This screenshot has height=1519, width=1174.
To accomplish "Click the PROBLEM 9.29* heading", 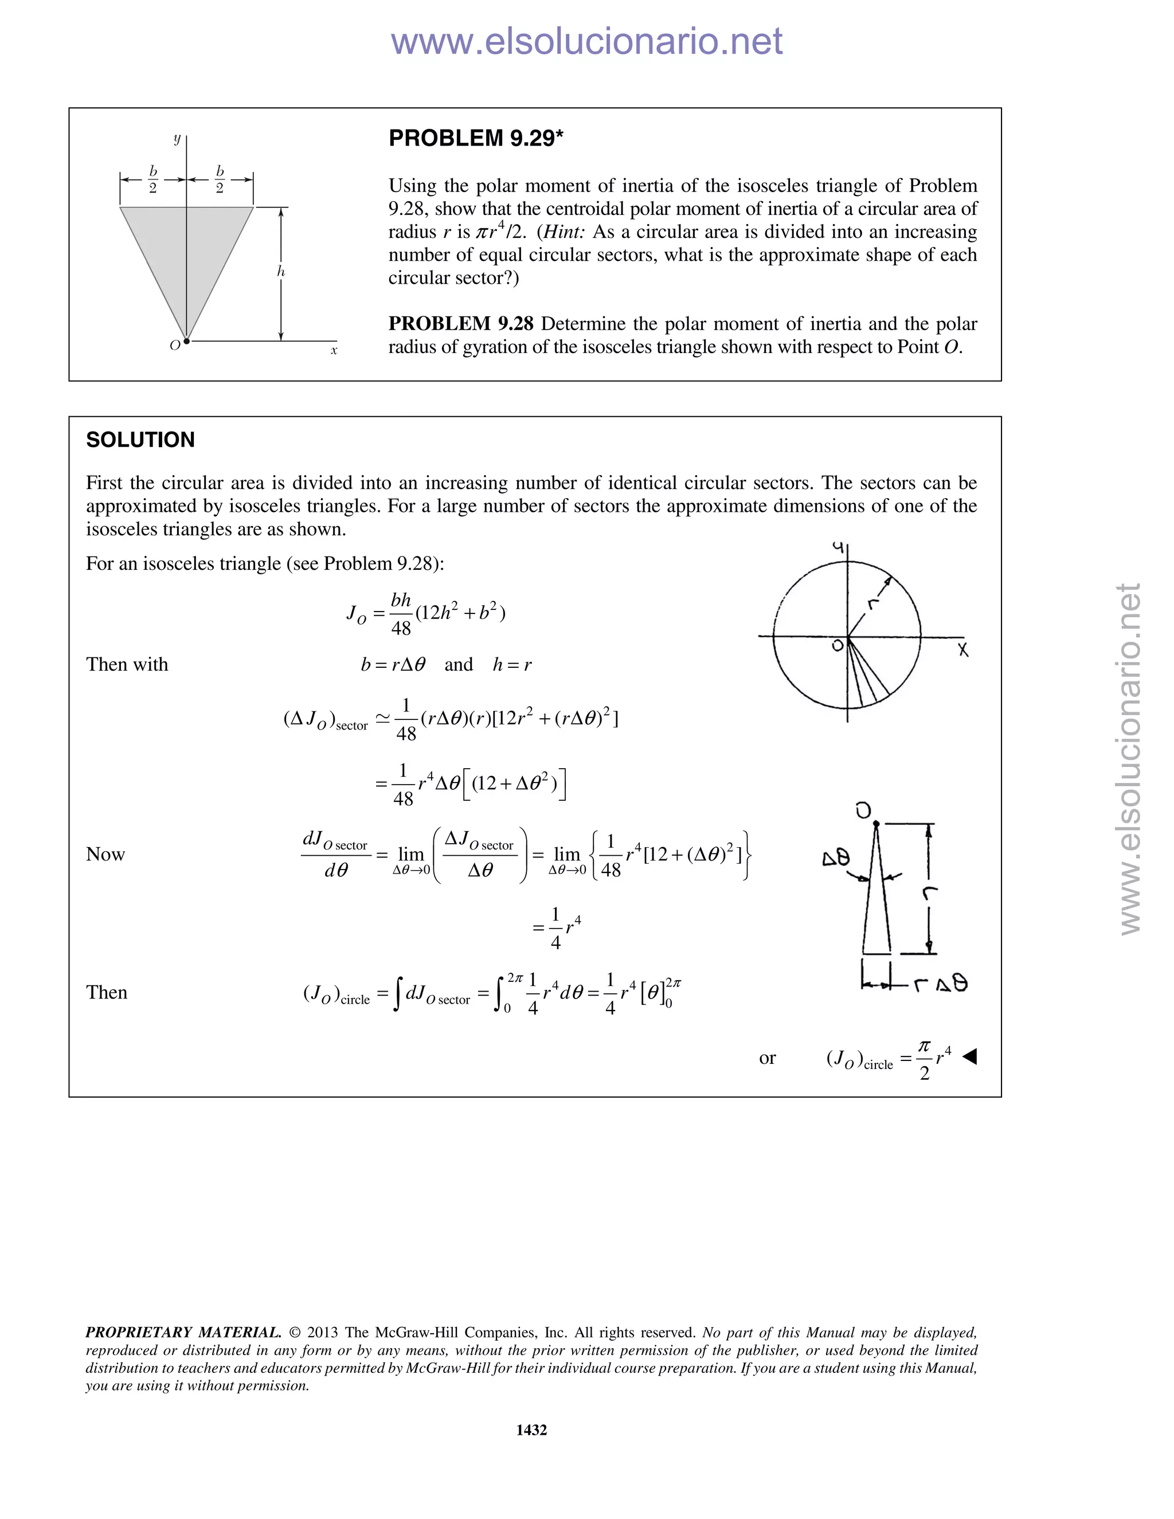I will click(x=476, y=138).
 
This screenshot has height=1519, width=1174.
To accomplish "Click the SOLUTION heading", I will click(x=140, y=440).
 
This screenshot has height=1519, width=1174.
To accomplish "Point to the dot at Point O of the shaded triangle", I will click(x=186, y=341).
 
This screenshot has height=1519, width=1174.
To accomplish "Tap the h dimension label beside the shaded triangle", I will click(x=281, y=272).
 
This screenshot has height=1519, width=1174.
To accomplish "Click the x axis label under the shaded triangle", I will click(x=334, y=351).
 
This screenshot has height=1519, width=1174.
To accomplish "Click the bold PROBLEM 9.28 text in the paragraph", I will click(x=460, y=323).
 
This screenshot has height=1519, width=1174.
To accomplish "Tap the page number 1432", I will click(x=531, y=1429).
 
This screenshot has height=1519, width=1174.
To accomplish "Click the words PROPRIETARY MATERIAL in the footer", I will click(x=183, y=1332).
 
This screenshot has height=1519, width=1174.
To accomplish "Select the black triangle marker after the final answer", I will click(x=969, y=1056).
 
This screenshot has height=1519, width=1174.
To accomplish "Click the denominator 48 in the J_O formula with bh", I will click(x=401, y=629).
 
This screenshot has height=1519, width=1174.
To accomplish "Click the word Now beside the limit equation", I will click(x=105, y=854).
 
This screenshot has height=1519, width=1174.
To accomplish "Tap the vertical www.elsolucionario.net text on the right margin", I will click(x=1130, y=758).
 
